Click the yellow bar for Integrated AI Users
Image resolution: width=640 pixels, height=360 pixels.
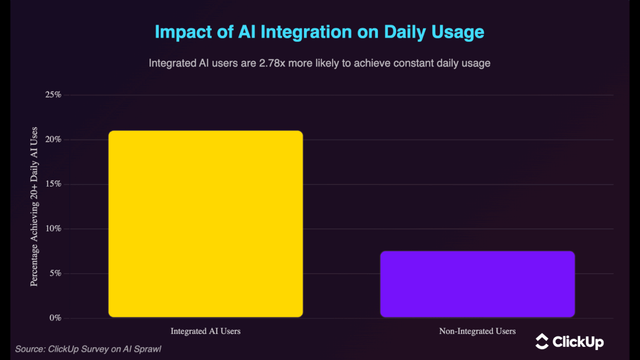point(205,224)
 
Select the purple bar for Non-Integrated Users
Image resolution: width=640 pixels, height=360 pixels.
point(477,284)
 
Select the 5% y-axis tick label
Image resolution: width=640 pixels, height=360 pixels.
point(54,274)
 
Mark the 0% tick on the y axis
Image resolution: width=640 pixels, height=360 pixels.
point(54,318)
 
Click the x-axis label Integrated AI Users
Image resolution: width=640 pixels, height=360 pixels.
point(205,331)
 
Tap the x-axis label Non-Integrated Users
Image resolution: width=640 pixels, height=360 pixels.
point(477,331)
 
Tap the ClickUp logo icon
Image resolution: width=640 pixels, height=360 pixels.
point(542,341)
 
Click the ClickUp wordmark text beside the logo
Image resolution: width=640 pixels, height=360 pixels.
point(578,342)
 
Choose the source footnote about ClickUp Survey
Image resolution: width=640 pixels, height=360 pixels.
point(88,349)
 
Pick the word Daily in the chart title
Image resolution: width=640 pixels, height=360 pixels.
point(403,32)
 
